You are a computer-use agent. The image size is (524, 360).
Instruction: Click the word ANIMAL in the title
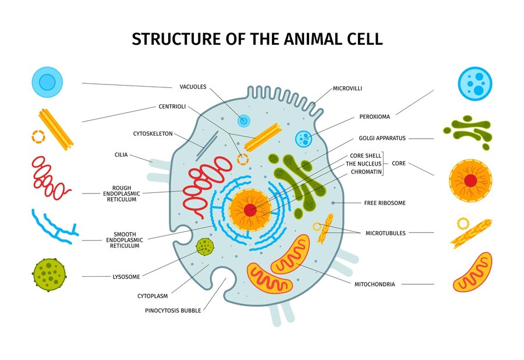click(x=306, y=39)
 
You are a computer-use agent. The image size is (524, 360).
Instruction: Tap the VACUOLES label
click(x=193, y=87)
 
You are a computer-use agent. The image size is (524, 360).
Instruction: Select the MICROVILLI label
click(x=347, y=89)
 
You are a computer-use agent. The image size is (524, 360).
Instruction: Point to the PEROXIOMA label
click(x=374, y=117)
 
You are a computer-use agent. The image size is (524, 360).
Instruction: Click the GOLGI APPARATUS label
click(x=382, y=138)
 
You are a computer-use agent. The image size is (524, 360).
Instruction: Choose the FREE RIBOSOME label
click(x=385, y=203)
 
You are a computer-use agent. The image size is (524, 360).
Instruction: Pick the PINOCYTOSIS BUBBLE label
click(x=173, y=310)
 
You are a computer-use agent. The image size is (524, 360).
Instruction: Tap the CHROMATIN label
click(x=366, y=172)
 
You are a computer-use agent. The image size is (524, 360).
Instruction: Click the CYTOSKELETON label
click(x=153, y=134)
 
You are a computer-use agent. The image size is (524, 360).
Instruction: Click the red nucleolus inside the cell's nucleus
click(x=250, y=210)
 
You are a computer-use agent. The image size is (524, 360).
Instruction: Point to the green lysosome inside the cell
click(x=205, y=246)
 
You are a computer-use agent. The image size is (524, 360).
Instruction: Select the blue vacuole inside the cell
click(x=243, y=121)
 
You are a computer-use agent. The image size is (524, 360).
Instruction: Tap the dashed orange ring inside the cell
click(x=243, y=160)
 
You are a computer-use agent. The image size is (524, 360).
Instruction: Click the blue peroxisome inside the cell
click(x=304, y=138)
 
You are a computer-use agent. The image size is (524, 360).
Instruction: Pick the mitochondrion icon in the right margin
click(x=473, y=272)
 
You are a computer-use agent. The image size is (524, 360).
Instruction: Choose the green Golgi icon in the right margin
click(x=468, y=132)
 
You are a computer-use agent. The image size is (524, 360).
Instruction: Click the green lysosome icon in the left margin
click(x=49, y=275)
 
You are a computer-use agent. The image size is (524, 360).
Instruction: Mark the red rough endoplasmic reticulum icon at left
click(x=51, y=178)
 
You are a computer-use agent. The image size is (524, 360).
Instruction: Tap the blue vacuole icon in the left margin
click(x=47, y=82)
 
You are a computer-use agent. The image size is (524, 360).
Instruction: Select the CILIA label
click(x=121, y=155)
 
